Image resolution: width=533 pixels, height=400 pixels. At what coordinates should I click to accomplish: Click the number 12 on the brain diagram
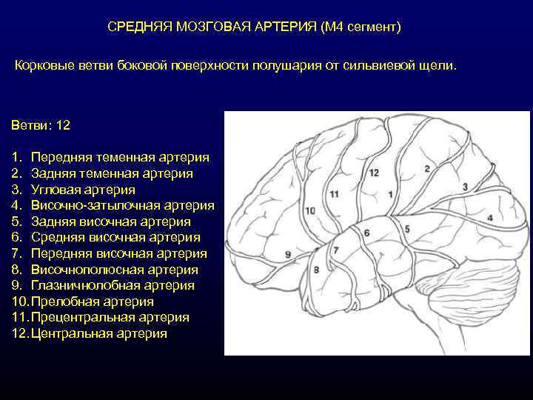point(374,173)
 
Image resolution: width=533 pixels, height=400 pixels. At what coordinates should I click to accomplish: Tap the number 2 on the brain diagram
point(427,169)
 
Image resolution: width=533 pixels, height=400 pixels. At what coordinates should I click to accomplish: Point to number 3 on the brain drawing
point(465,187)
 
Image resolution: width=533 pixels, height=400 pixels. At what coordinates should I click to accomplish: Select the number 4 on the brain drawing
point(490,218)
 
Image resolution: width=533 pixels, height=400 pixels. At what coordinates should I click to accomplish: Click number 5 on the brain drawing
point(406,230)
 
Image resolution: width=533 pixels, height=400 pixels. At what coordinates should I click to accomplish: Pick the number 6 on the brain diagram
point(366,233)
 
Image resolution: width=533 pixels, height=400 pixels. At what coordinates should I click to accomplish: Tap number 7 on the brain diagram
point(335,250)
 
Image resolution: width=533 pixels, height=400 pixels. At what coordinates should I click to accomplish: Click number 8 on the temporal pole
point(316,270)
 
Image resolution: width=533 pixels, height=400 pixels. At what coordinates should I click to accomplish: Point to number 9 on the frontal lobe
point(287,254)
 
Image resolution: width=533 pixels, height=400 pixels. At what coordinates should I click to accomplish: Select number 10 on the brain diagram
point(309,210)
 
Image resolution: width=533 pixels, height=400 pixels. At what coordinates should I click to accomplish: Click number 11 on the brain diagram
point(335,194)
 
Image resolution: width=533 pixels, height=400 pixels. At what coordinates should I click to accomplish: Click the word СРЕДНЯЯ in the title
point(138,27)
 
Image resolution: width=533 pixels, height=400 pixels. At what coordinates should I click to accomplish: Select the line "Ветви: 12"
point(41,125)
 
